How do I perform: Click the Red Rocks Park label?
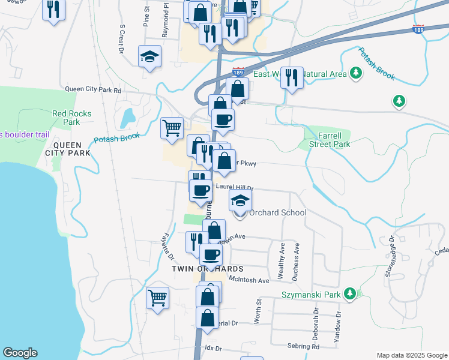(x=66, y=118)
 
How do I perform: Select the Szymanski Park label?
(x=311, y=295)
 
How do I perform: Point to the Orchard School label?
(x=277, y=212)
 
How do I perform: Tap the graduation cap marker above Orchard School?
(x=240, y=200)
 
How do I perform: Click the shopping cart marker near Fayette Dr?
(x=158, y=296)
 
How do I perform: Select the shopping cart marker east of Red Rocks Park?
(x=172, y=127)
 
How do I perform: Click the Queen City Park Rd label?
(x=93, y=90)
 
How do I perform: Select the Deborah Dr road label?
(x=315, y=321)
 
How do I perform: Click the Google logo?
(x=20, y=353)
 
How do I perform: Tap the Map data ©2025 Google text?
(x=411, y=355)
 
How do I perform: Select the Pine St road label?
(x=146, y=17)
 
